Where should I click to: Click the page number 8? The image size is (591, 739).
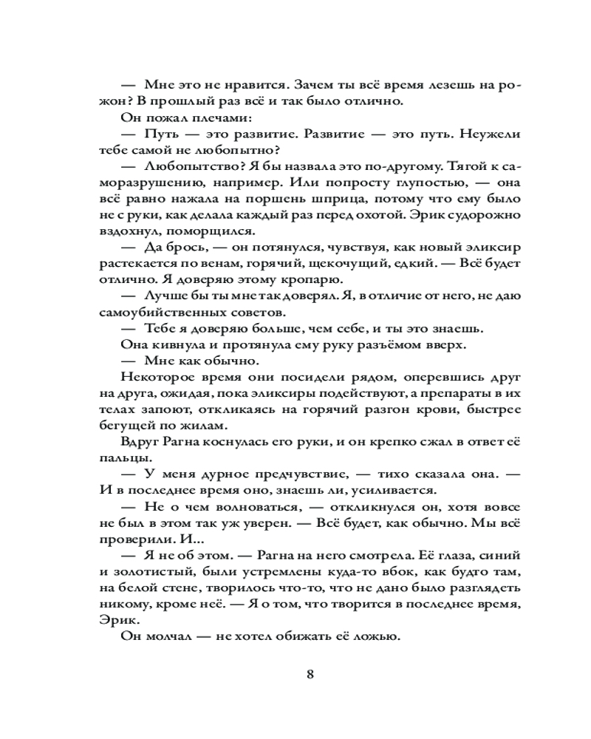[310, 674]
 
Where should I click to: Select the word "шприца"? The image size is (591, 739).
[384, 198]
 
